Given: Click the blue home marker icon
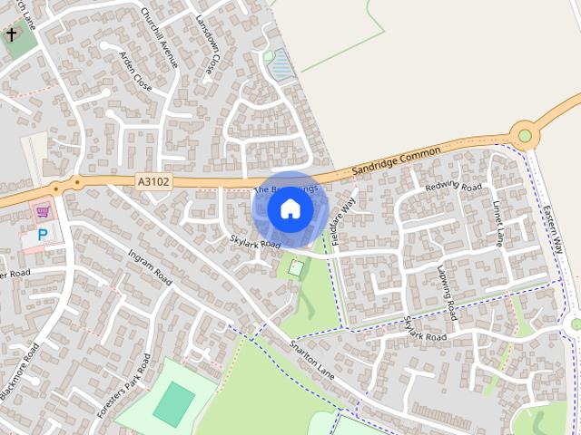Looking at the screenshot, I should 290,209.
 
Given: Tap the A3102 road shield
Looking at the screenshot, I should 153,182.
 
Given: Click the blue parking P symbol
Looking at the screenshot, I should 42,235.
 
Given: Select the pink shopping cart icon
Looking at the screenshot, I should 41,213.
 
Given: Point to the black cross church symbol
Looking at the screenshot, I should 12,35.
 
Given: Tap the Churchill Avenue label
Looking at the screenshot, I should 159,38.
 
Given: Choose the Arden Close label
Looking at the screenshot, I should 135,71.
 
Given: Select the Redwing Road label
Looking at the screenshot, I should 453,188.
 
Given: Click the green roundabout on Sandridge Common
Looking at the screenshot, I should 524,137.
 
